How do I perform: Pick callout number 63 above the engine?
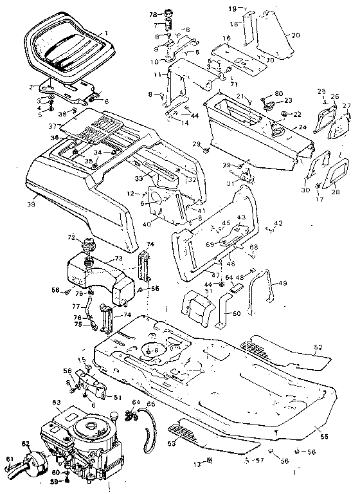pyautogui.click(x=56, y=402)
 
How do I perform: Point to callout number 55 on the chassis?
pyautogui.click(x=323, y=437)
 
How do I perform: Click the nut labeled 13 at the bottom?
pyautogui.click(x=210, y=462)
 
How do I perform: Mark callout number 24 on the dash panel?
pyautogui.click(x=302, y=128)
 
